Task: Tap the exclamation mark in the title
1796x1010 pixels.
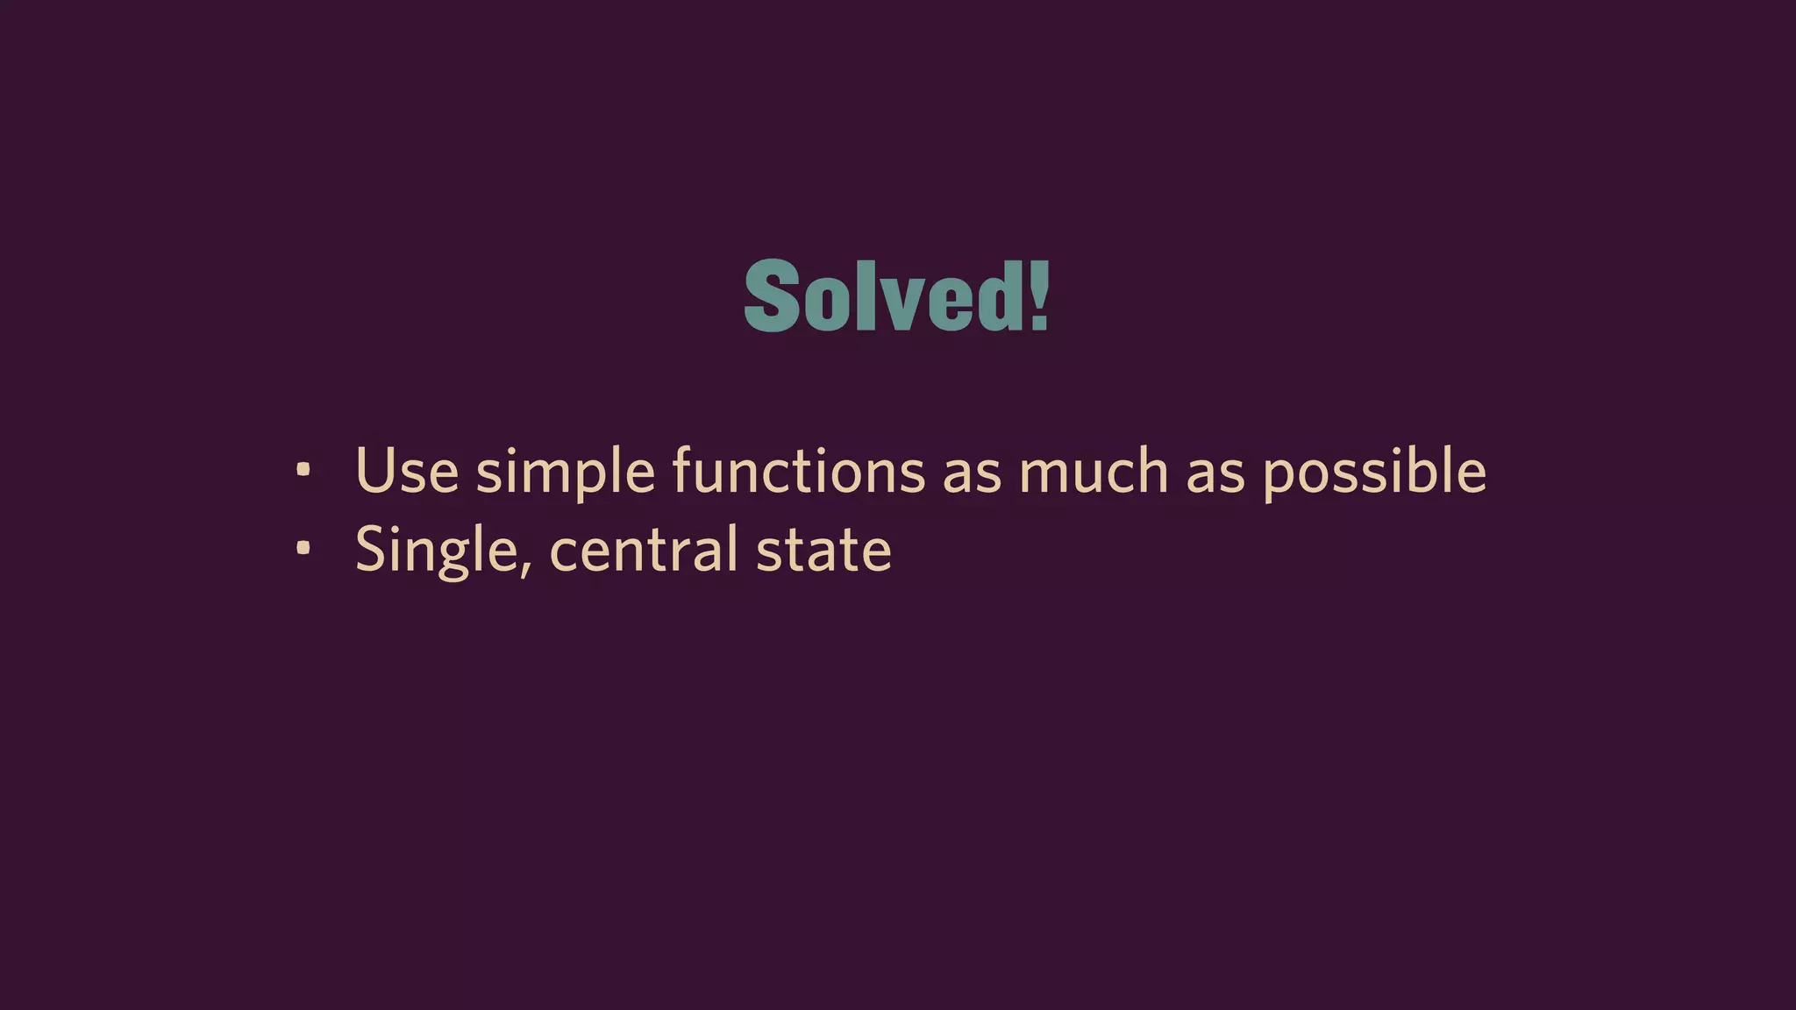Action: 1039,296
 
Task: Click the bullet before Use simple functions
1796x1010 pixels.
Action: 303,471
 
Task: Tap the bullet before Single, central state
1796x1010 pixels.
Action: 303,549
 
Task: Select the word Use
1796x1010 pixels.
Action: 407,471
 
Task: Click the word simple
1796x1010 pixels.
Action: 566,473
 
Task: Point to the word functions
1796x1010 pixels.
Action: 798,471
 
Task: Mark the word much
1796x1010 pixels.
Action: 1094,471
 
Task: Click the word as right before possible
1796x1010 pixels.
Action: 1215,473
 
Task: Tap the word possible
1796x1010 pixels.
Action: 1374,473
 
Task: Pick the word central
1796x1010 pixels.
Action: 644,549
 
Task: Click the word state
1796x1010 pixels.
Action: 823,551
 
